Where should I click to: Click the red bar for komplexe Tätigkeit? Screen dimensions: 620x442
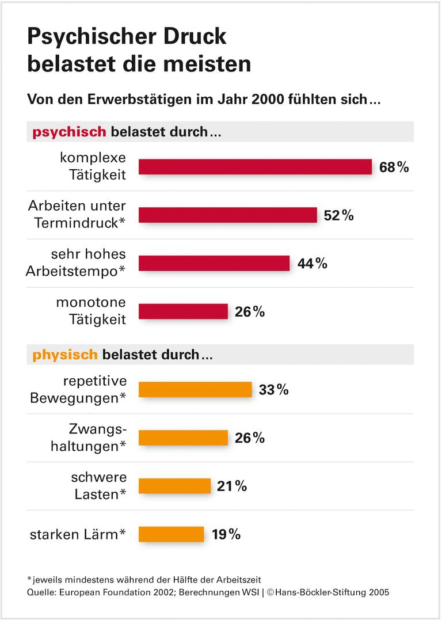255,167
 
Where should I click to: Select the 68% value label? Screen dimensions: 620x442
394,168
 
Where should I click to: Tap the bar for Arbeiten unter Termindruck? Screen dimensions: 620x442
227,215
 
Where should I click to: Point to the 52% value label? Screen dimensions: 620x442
338,215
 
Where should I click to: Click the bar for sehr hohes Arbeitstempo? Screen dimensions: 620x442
214,263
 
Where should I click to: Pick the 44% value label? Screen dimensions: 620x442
312,264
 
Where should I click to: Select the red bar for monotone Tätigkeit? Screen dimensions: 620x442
183,311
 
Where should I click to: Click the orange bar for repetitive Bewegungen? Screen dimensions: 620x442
195,390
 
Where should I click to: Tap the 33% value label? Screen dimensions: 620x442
273,390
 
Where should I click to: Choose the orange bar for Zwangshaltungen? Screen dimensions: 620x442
183,438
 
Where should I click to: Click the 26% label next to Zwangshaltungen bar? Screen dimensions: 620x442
250,438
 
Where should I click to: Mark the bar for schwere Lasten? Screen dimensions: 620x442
174,486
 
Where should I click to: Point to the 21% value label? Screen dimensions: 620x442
232,486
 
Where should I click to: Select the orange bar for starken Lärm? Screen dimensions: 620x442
171,534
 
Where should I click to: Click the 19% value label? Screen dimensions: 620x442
226,534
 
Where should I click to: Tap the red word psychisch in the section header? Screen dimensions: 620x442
69,132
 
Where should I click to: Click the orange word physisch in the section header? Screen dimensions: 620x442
65,355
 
